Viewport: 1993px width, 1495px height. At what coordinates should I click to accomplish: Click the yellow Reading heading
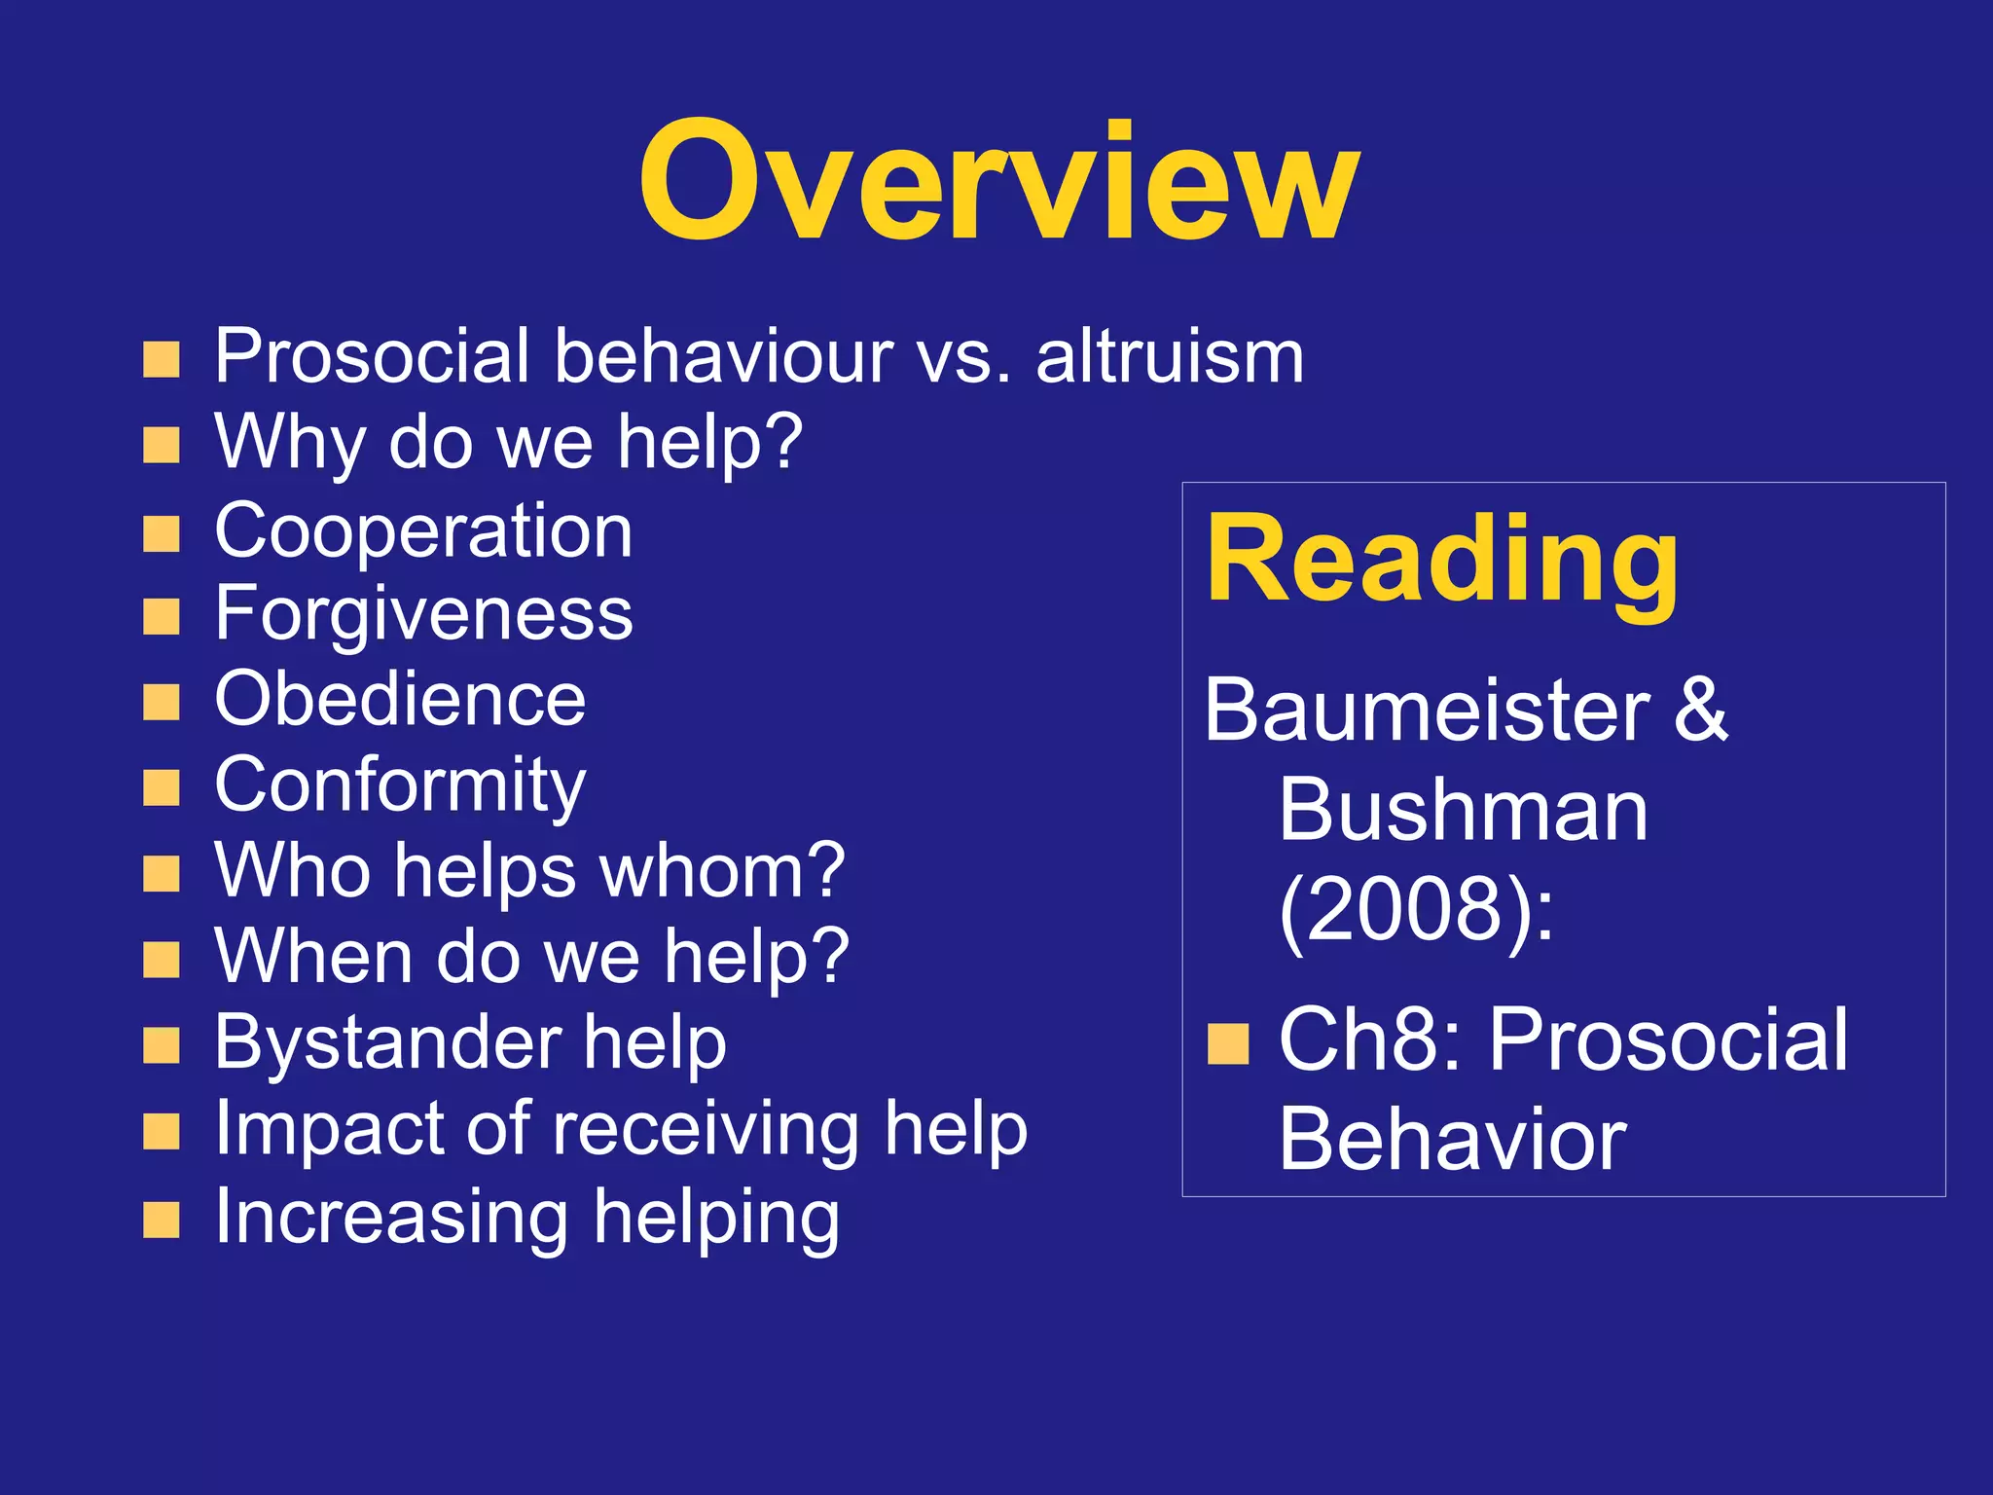(1442, 562)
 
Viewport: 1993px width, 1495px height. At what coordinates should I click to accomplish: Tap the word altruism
(1169, 357)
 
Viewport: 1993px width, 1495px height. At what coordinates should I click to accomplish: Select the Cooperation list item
(423, 531)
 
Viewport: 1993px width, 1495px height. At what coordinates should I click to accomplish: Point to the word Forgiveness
(423, 614)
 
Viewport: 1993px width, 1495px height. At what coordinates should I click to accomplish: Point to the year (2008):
(1416, 909)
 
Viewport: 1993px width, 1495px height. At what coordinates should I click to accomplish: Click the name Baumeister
(1427, 711)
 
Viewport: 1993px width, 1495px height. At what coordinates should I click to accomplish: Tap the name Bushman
(1463, 810)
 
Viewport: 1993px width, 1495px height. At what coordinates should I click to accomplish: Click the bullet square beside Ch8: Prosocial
(1228, 1045)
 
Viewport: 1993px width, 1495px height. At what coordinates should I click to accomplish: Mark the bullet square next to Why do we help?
(162, 445)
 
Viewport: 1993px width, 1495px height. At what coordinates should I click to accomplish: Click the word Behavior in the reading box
(1452, 1140)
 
